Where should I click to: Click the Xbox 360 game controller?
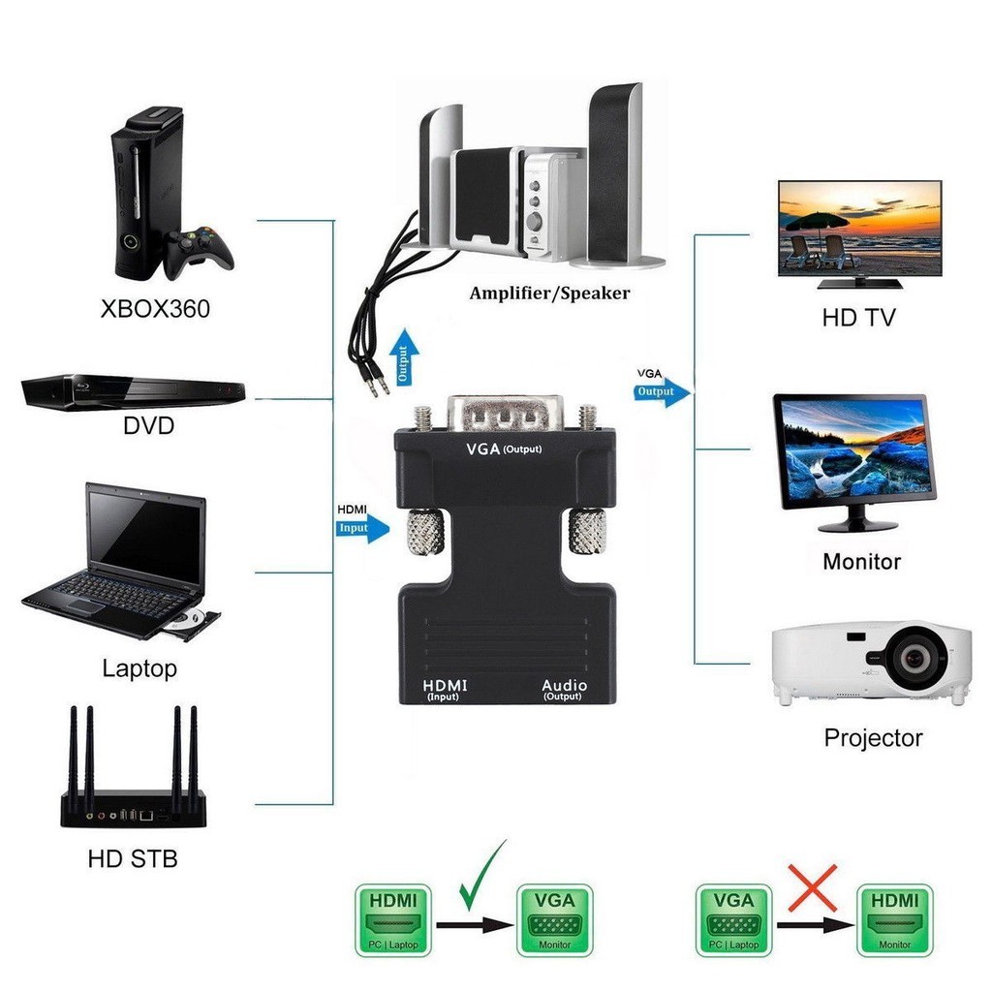200,249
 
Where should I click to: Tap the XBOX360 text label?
155,310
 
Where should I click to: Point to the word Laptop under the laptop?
139,668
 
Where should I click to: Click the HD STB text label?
133,858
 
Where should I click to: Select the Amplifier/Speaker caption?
549,293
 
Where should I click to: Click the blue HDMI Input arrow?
363,529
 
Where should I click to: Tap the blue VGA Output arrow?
663,391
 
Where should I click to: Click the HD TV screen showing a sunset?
860,229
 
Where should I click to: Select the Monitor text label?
861,561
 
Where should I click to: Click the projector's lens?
914,658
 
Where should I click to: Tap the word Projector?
873,737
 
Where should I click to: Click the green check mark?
481,876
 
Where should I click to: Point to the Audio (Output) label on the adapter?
564,689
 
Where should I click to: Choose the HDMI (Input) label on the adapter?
444,689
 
